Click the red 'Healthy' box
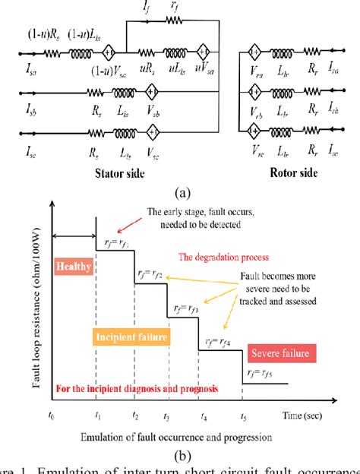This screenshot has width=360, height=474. pyautogui.click(x=73, y=267)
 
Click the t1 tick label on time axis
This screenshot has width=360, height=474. pyautogui.click(x=96, y=416)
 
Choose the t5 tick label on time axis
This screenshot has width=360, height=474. pyautogui.click(x=243, y=416)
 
